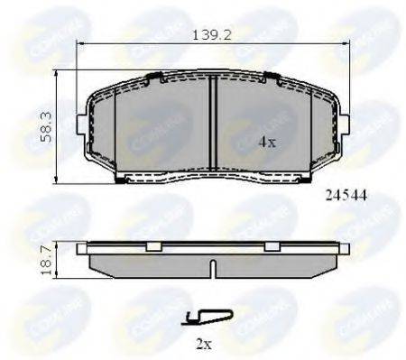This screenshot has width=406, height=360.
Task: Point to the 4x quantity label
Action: [268, 141]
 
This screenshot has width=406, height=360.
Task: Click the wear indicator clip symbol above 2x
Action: [207, 316]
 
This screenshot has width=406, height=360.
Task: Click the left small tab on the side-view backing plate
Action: [153, 246]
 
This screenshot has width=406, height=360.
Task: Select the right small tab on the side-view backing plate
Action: [271, 246]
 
